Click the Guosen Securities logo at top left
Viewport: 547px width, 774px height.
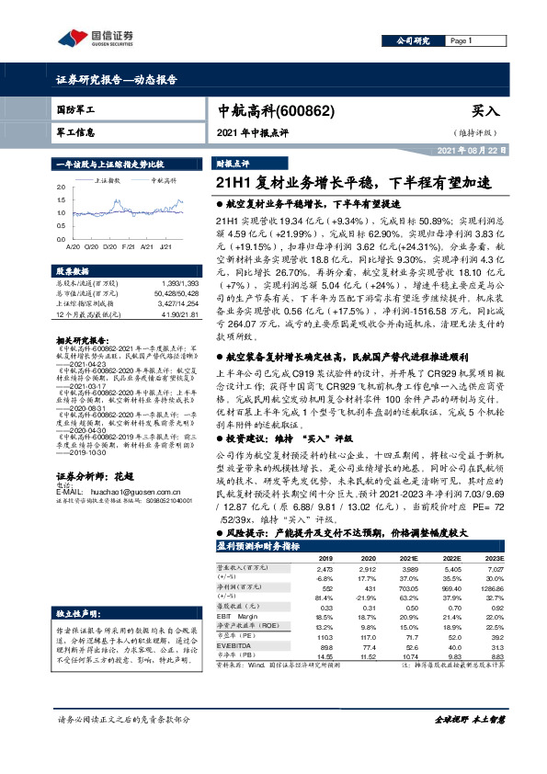96,38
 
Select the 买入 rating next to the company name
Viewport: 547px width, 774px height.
484,110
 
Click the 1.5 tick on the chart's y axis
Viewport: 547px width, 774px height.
61,198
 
